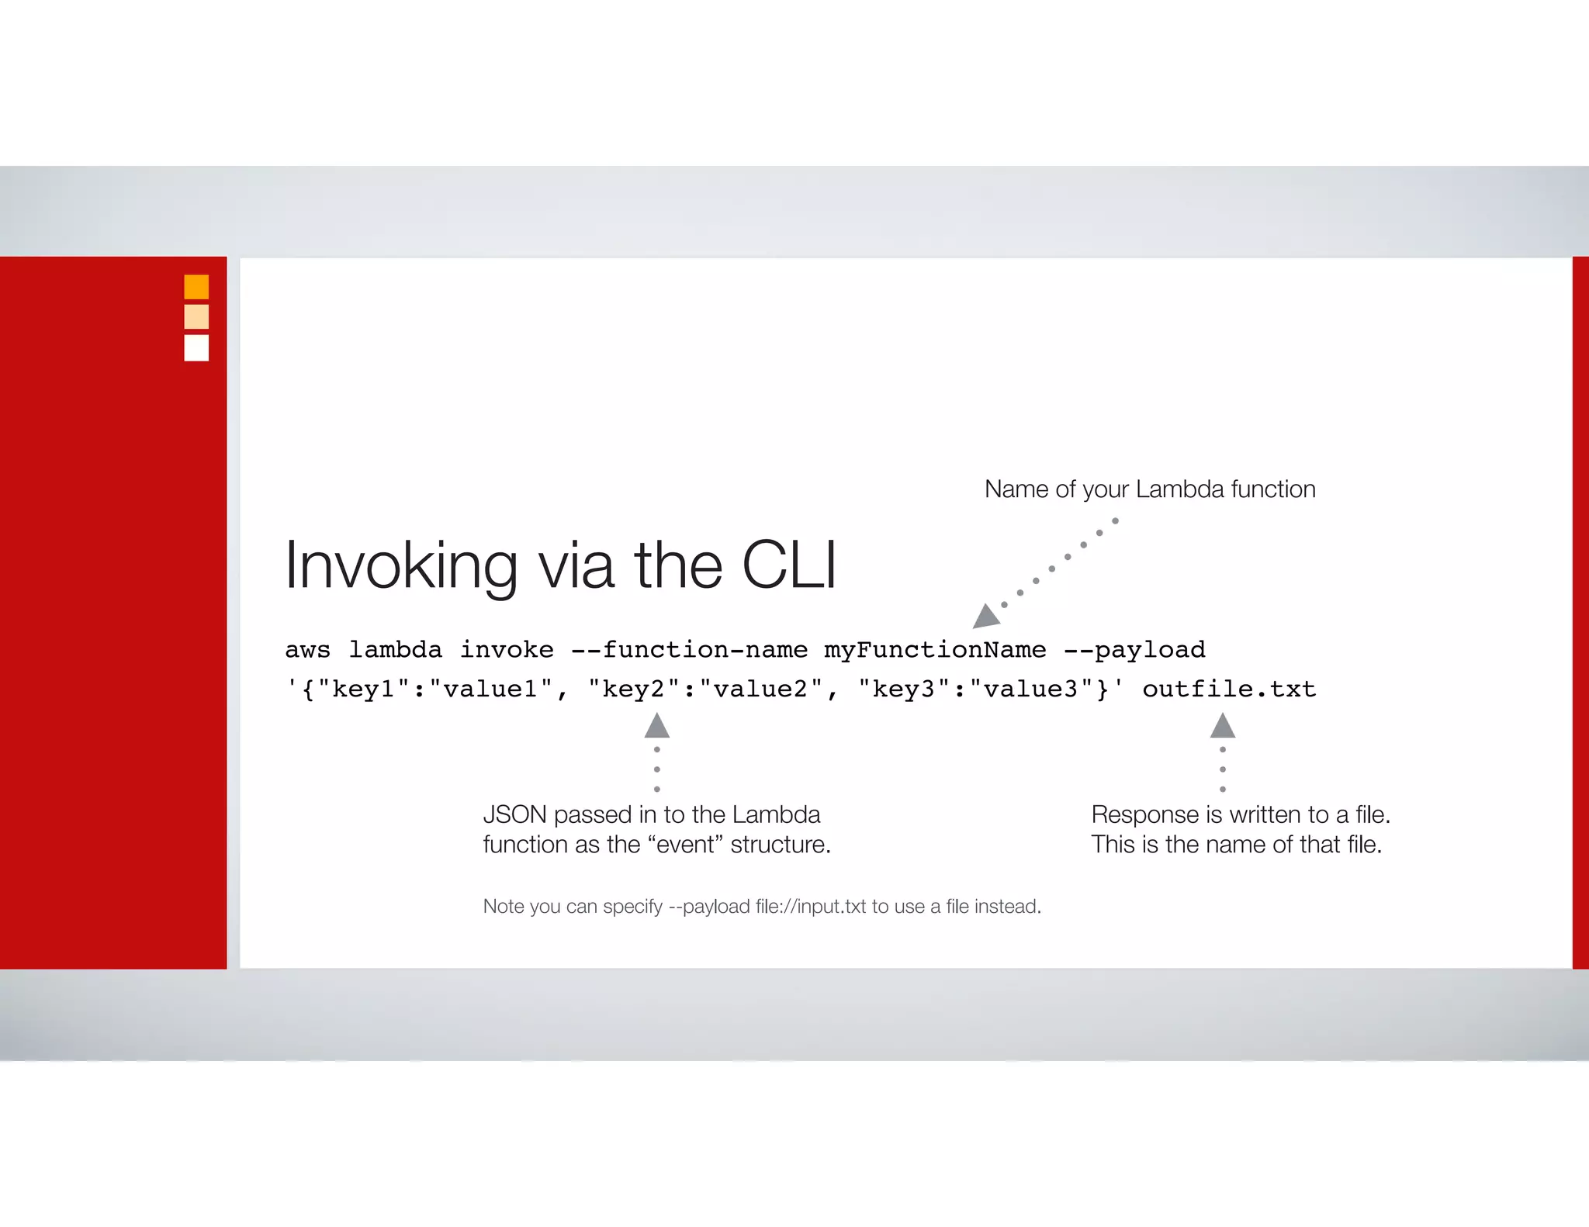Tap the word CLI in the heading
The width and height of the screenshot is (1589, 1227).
pyautogui.click(x=789, y=565)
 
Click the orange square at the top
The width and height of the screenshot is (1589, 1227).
pyautogui.click(x=196, y=287)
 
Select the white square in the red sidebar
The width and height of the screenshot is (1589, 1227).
pyautogui.click(x=196, y=347)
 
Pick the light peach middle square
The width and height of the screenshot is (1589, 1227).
pyautogui.click(x=196, y=317)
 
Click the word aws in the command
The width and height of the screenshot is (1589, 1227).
pyautogui.click(x=307, y=650)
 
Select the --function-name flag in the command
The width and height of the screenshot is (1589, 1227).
pyautogui.click(x=689, y=650)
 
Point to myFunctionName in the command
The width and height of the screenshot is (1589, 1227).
pyautogui.click(x=935, y=650)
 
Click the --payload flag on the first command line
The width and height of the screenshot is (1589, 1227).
pyautogui.click(x=1134, y=650)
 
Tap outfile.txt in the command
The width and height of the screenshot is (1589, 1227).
pyautogui.click(x=1229, y=690)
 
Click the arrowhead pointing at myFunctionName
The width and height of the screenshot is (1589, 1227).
pyautogui.click(x=985, y=617)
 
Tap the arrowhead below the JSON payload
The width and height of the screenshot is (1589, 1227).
pyautogui.click(x=657, y=727)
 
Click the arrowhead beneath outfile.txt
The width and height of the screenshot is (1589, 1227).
pyautogui.click(x=1223, y=727)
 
